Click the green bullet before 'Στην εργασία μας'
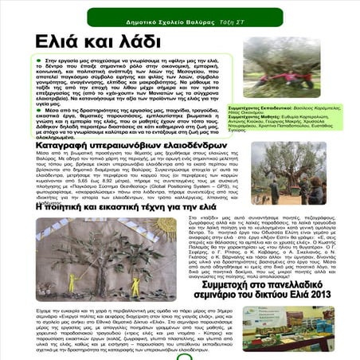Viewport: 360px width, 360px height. coord(39,61)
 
